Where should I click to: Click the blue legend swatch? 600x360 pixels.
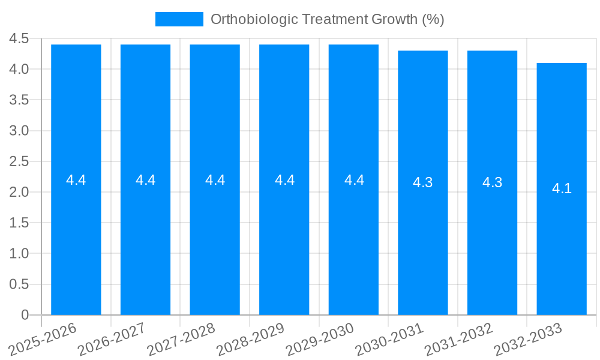click(179, 19)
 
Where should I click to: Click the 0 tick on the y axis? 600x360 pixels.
click(25, 314)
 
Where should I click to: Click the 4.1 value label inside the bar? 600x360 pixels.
click(562, 188)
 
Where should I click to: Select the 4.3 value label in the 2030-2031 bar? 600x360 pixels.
click(423, 182)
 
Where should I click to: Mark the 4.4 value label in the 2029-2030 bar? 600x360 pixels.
click(354, 179)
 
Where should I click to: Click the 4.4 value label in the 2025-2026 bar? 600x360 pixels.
click(76, 179)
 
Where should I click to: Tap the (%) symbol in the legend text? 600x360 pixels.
click(433, 19)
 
